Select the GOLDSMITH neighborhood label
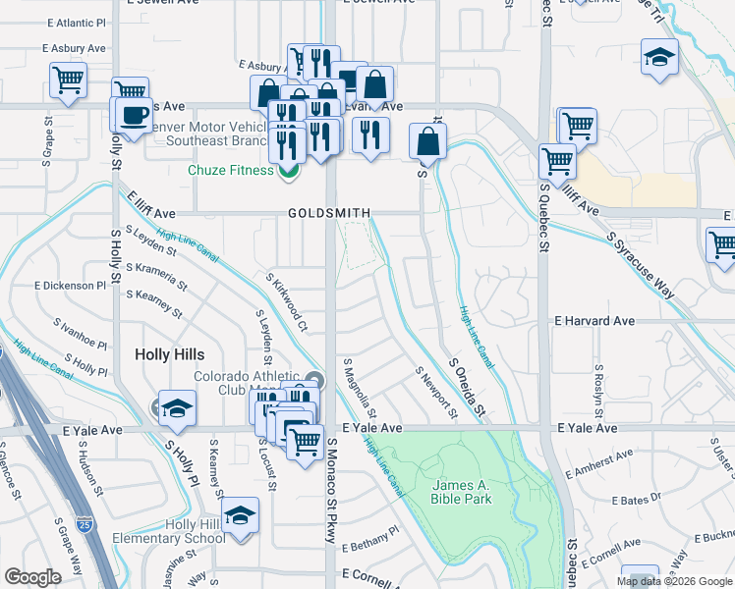coord(329,213)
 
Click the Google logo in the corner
coord(32,577)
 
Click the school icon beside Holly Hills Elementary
coord(239,516)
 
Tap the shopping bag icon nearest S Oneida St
coord(428,141)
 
